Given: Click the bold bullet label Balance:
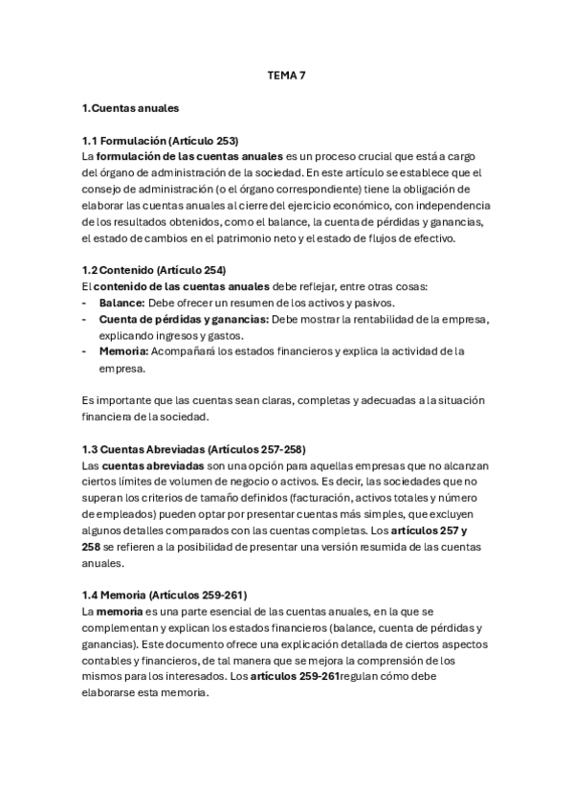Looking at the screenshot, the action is (122, 302).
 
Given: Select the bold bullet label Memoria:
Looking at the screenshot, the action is (124, 350).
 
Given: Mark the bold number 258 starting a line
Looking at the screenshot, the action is (93, 547).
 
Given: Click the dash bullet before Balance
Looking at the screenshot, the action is (86, 302).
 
